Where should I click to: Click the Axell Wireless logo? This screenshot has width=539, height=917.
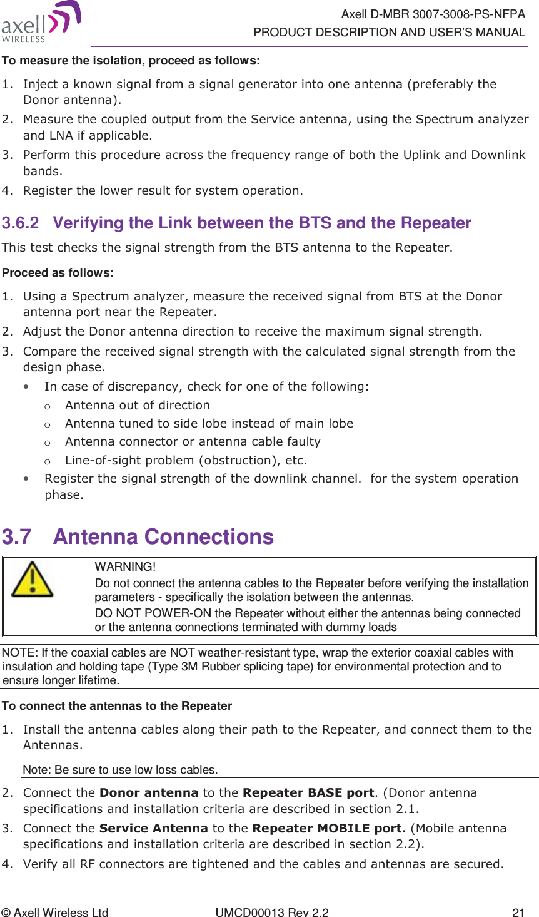click(41, 22)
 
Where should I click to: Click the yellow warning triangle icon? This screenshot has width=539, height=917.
click(32, 579)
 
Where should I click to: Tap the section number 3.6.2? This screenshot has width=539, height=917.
click(21, 223)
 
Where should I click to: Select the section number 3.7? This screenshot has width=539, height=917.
click(17, 537)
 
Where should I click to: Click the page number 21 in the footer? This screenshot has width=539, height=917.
click(518, 913)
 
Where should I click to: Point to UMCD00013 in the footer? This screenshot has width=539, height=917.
click(248, 913)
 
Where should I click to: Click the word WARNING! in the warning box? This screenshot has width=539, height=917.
click(125, 567)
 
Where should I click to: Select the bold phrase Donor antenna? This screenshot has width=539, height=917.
click(149, 792)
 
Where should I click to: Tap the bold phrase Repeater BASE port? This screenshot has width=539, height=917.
click(308, 792)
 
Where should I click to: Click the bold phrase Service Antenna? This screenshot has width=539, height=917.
click(153, 828)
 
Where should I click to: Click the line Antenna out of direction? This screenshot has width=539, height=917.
click(138, 405)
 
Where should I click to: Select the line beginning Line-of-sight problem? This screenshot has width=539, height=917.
click(186, 461)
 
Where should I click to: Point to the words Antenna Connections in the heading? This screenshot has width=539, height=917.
click(163, 537)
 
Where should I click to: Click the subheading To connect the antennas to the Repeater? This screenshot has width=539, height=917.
click(117, 706)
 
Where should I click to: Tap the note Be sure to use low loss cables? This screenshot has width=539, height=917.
click(120, 769)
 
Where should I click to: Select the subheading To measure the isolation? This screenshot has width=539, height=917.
click(131, 61)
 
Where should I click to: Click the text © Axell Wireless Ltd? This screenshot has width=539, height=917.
click(55, 913)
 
